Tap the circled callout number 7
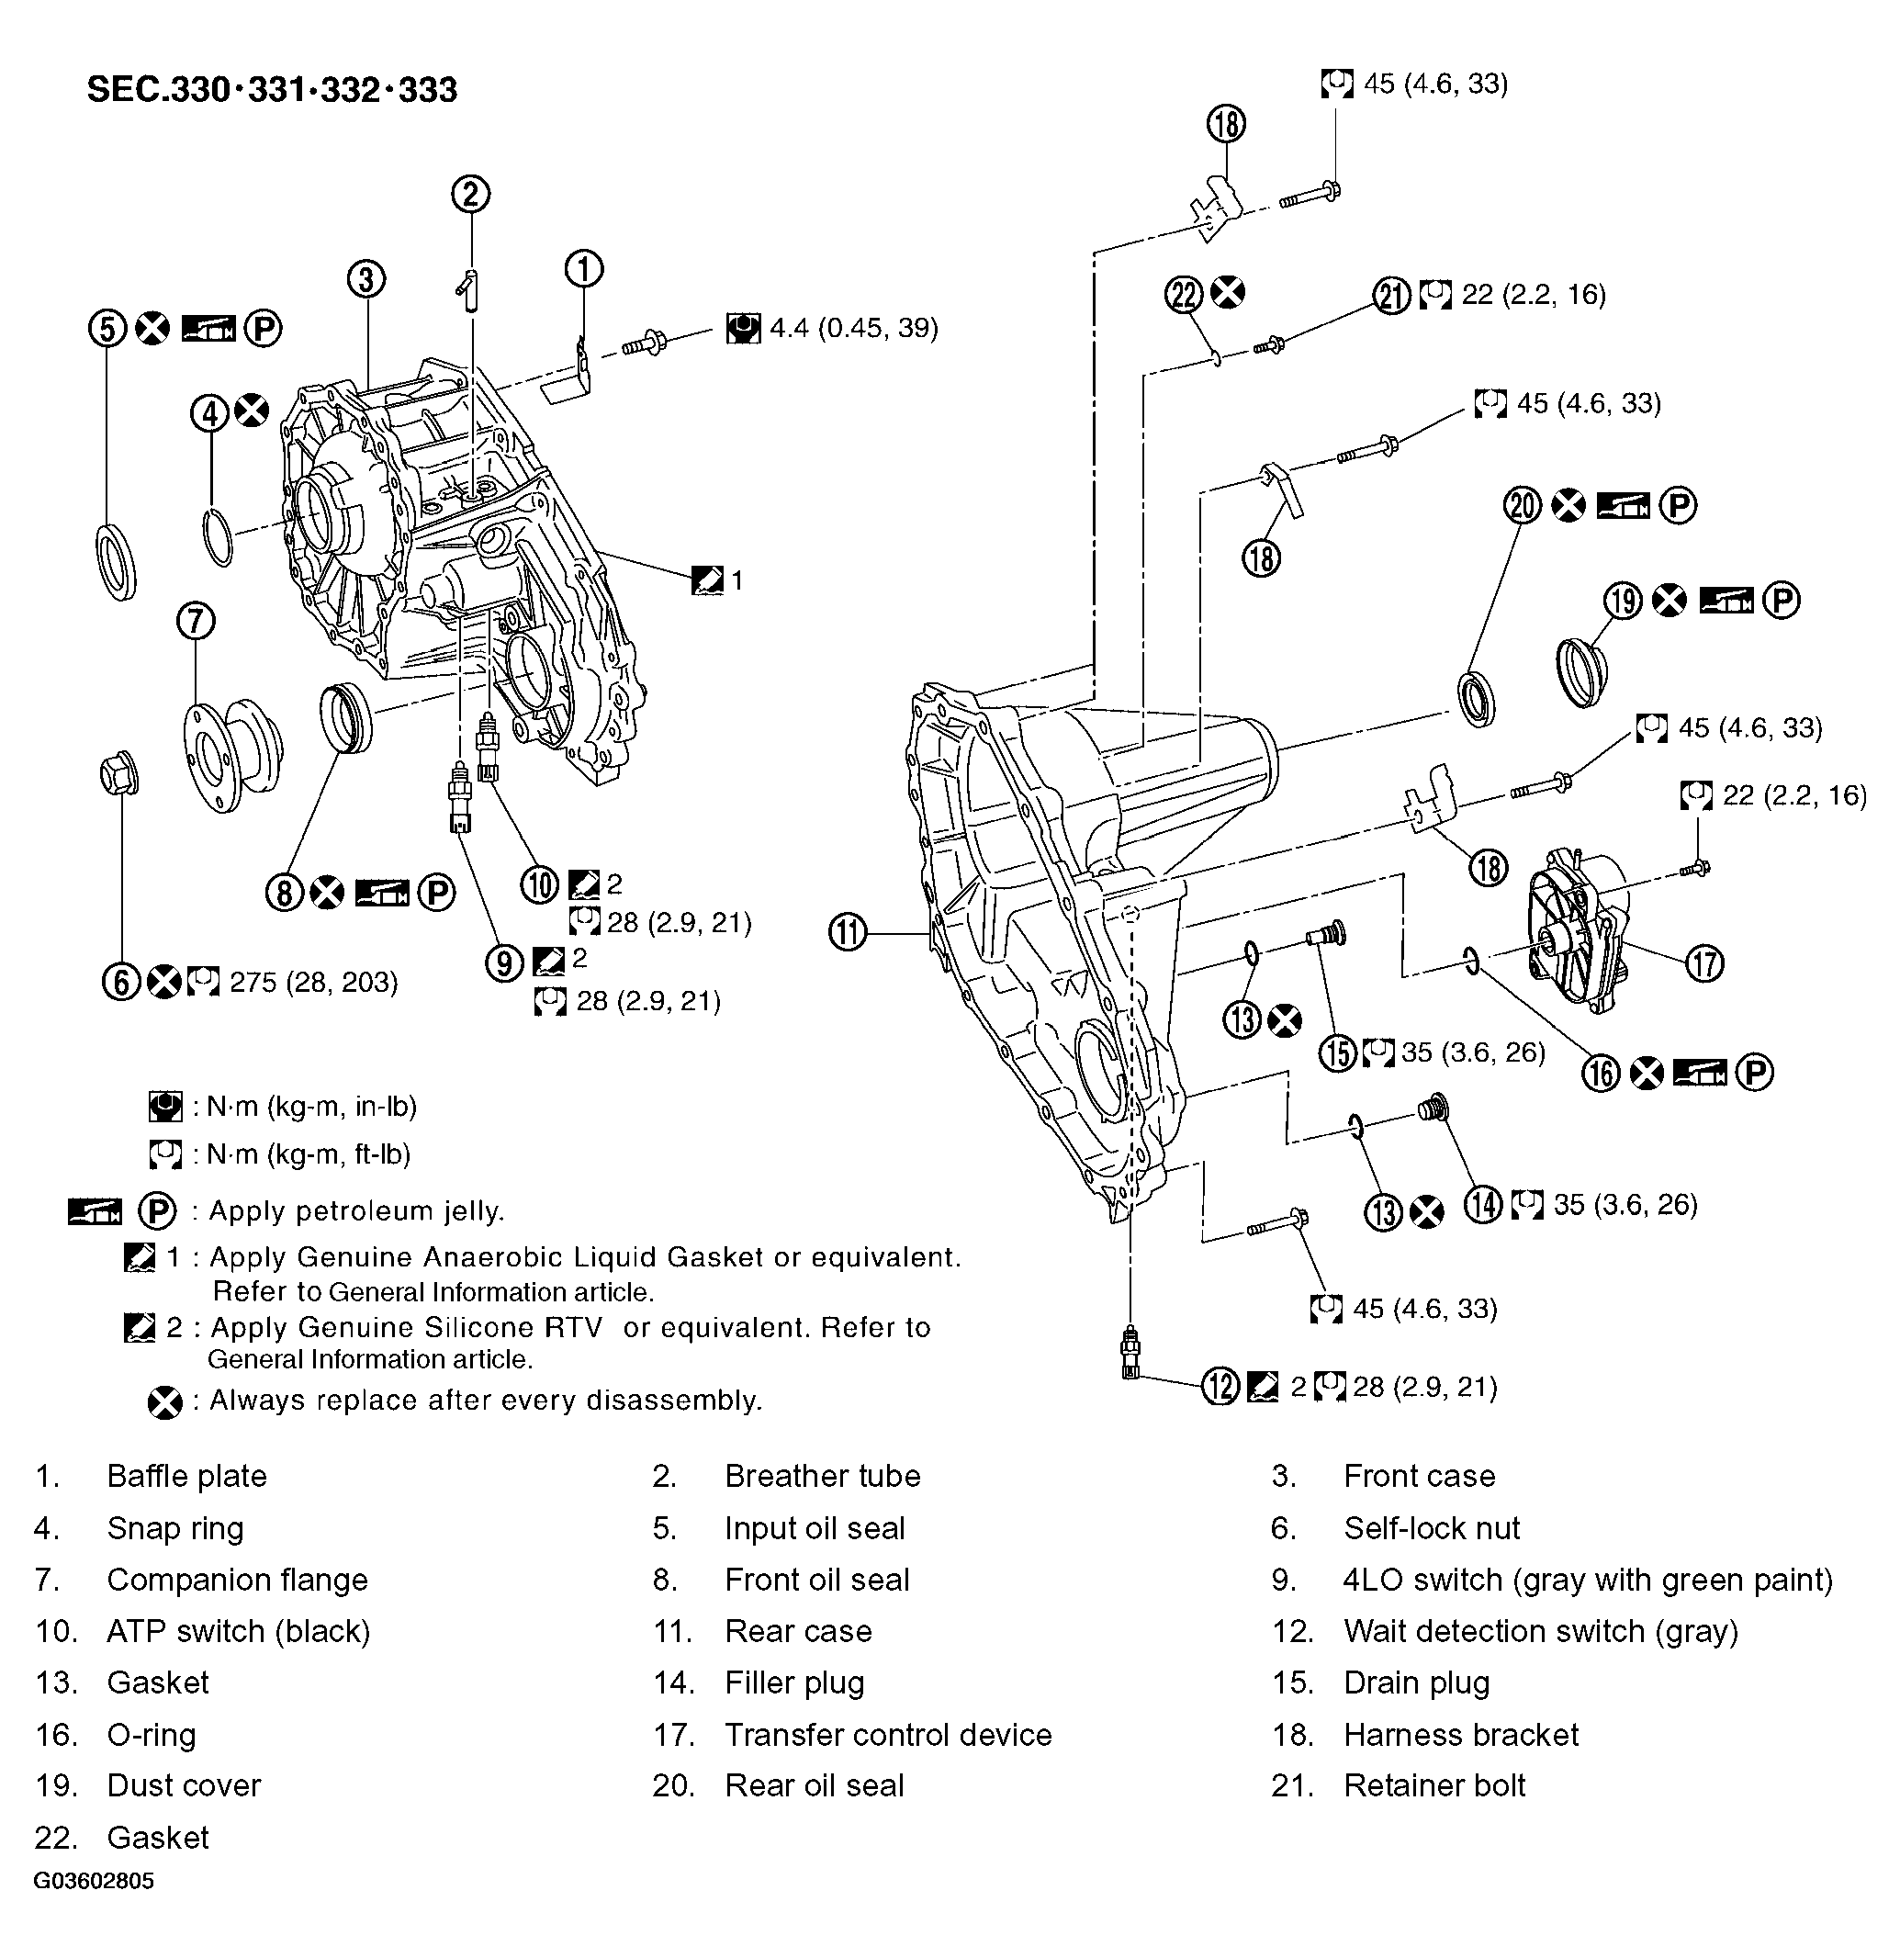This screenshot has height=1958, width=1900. coord(196,622)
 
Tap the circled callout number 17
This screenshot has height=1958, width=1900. coord(1704,963)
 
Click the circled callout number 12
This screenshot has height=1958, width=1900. coord(1220,1387)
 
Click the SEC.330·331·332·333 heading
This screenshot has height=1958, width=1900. coord(272,90)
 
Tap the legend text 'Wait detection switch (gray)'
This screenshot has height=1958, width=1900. coord(1540,1631)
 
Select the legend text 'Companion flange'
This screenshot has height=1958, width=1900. coord(237,1580)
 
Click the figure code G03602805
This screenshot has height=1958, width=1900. coord(94,1881)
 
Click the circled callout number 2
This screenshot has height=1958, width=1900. coord(470,193)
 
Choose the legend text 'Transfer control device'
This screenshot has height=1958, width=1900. coord(888,1734)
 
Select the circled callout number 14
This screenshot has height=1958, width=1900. coord(1483,1204)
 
